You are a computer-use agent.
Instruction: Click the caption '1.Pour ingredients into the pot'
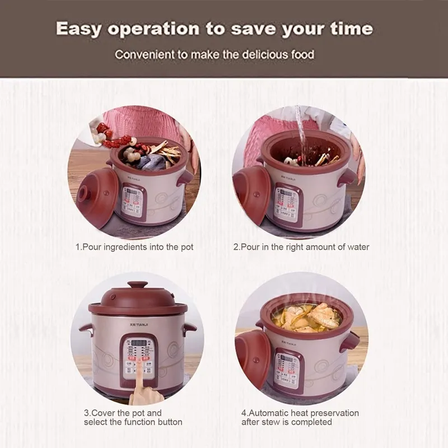134,247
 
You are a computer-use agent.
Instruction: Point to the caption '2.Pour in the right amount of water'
301,247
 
